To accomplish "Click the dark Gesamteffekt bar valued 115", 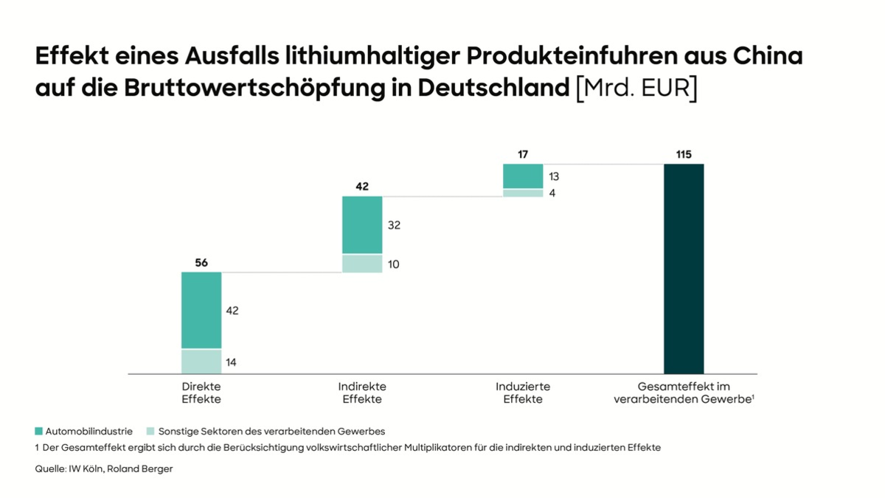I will [x=684, y=269].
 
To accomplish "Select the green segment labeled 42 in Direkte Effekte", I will [x=201, y=310].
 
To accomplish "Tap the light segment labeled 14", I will [x=201, y=362].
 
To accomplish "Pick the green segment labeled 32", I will [x=362, y=225].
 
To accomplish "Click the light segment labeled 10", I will [x=362, y=263].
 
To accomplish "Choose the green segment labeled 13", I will [x=523, y=176].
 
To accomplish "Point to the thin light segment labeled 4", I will [x=523, y=193].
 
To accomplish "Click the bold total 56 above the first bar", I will [x=201, y=262].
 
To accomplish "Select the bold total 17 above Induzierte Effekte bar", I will [x=523, y=154].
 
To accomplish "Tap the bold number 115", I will [x=684, y=154].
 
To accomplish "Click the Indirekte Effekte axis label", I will [x=362, y=392].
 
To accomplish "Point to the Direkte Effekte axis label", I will [x=201, y=392].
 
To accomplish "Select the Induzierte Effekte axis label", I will [x=523, y=392].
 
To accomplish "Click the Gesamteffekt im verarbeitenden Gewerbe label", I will [x=684, y=392].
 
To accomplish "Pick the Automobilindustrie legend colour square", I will [x=38, y=431].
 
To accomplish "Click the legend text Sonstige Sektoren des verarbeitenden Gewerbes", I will [x=271, y=431].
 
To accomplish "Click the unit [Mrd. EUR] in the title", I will [x=636, y=88].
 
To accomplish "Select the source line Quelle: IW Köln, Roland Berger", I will [x=103, y=468].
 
